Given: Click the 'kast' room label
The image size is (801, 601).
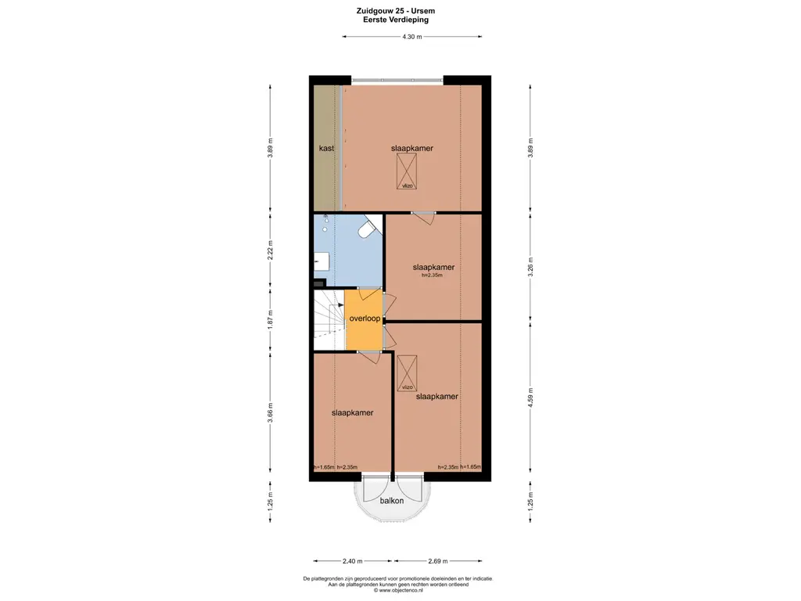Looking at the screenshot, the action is [326, 148].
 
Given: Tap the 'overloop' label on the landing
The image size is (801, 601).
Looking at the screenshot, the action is [365, 318].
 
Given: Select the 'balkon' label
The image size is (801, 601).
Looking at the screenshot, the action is [392, 501].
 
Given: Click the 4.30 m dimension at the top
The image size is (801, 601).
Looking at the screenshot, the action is [411, 36].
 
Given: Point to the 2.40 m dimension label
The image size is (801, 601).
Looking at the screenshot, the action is [353, 560].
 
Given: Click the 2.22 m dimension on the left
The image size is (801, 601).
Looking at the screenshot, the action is [271, 250].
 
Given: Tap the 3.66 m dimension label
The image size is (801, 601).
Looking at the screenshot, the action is [271, 412].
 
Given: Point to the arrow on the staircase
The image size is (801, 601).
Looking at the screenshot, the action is [340, 304].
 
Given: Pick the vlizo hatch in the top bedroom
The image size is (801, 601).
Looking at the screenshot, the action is [407, 171].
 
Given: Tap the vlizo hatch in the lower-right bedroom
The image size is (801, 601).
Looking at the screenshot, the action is [407, 373].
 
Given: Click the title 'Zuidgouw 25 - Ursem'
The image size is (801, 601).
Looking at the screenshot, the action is [396, 11].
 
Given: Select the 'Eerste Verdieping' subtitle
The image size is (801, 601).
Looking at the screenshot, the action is [396, 20].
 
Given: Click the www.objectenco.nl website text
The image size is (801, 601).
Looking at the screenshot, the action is [398, 590].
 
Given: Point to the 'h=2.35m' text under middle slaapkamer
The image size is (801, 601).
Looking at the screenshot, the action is [432, 275].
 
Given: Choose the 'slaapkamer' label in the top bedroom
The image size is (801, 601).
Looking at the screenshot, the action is [412, 148].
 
